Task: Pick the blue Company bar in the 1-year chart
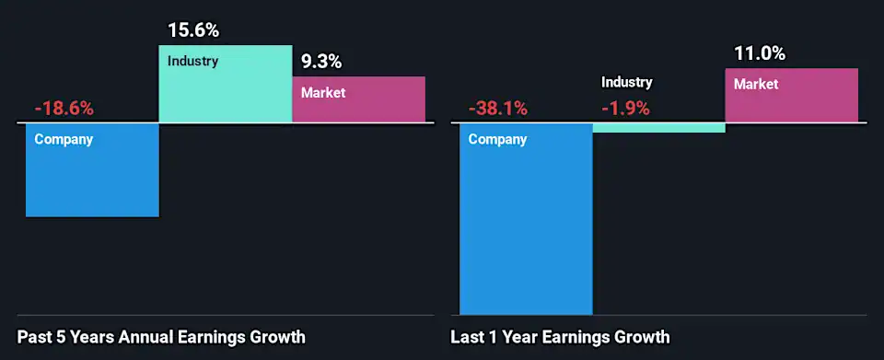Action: click(526, 230)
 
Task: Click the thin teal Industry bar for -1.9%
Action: click(658, 128)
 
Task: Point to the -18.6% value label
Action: click(64, 109)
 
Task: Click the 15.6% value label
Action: click(193, 30)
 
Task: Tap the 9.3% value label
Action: click(321, 63)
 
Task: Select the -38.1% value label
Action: click(498, 109)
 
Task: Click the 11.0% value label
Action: click(760, 53)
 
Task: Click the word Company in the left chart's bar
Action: click(64, 140)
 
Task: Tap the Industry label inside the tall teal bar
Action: click(192, 62)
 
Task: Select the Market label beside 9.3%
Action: click(323, 93)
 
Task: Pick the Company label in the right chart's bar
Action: click(497, 140)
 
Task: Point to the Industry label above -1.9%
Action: click(627, 83)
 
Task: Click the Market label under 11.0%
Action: click(756, 85)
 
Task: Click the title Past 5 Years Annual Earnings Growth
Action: click(161, 337)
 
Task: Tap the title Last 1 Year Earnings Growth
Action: click(560, 337)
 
